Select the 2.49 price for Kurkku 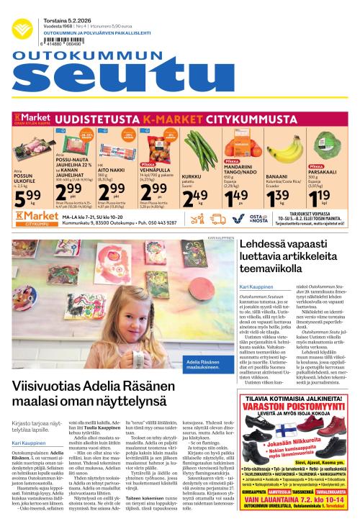click(x=195, y=196)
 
